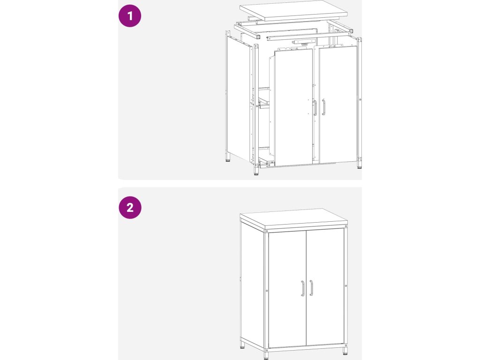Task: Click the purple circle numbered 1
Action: tap(130, 15)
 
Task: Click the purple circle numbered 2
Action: tap(130, 207)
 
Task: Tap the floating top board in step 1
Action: tap(293, 10)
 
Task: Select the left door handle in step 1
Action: tap(315, 108)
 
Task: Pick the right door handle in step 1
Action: tap(323, 107)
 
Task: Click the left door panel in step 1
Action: tap(293, 107)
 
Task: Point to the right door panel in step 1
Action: tap(338, 105)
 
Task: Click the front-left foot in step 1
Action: tap(256, 171)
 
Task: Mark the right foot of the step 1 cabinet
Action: tap(359, 164)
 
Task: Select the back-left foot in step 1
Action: tap(228, 157)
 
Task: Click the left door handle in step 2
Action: tap(302, 289)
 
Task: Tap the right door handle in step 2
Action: tap(311, 288)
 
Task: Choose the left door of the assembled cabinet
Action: tap(287, 290)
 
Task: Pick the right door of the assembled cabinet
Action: tap(325, 288)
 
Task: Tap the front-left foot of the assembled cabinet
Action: tap(266, 355)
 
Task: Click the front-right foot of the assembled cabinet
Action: tap(345, 351)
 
